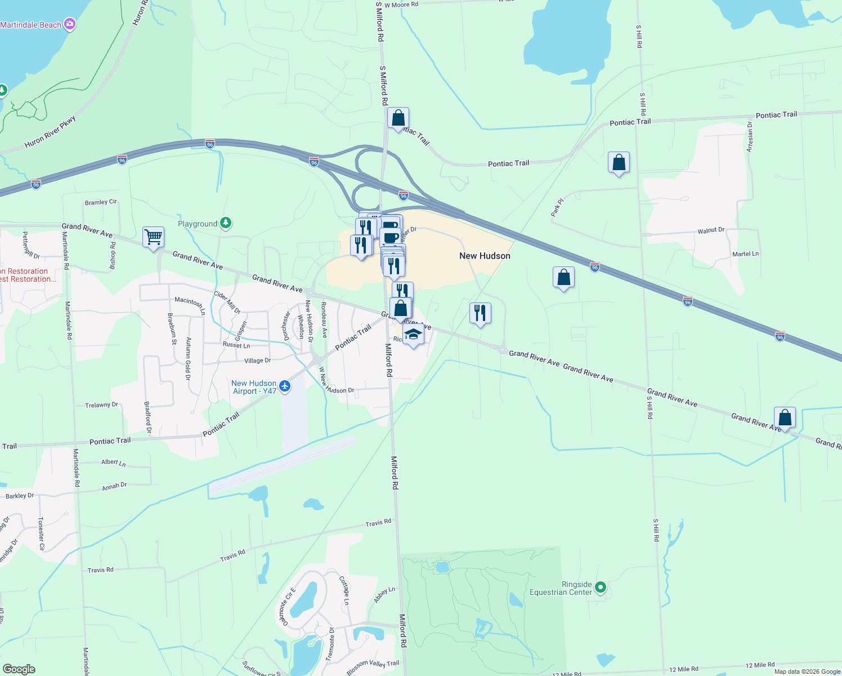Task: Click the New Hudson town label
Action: (485, 256)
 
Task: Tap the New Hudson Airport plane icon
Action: (285, 386)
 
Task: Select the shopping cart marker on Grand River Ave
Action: (153, 237)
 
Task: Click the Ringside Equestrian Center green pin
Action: (600, 588)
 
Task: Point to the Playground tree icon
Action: (226, 223)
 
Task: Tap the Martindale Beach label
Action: (30, 25)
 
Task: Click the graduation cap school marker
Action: (413, 335)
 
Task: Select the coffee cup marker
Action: (390, 237)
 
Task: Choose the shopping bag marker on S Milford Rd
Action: (398, 118)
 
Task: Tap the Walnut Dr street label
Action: (711, 230)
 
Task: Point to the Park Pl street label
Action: (557, 207)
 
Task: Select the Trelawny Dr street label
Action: (101, 405)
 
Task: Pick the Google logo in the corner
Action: (19, 669)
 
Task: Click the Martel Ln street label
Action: (745, 254)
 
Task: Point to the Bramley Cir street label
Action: (101, 202)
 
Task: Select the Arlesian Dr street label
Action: (750, 136)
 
